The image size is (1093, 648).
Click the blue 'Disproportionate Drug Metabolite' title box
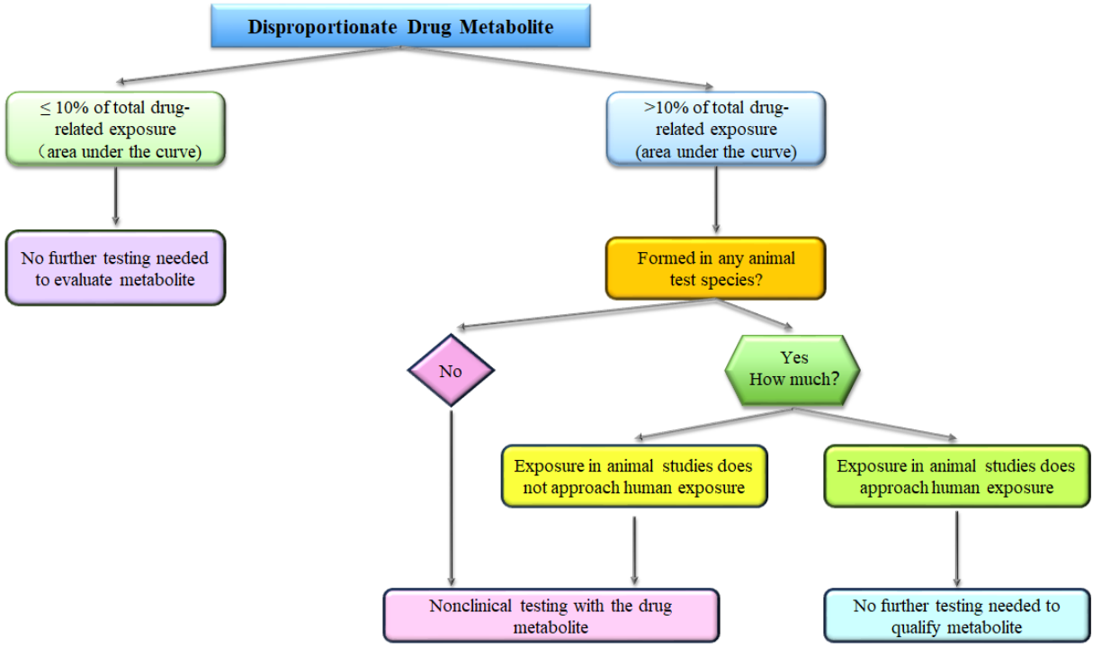[x=400, y=27]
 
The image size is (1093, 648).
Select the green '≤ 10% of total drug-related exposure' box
[x=114, y=129]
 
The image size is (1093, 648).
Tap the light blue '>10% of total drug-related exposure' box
[x=715, y=129]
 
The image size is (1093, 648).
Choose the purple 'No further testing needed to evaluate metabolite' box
[x=114, y=268]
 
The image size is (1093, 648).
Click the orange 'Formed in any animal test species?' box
[x=715, y=268]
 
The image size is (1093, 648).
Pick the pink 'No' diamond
[x=450, y=370]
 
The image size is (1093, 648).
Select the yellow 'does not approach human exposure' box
[x=634, y=478]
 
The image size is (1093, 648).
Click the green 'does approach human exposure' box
[x=955, y=478]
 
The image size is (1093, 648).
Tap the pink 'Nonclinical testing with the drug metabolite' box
[x=551, y=616]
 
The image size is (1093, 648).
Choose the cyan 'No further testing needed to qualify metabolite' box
[x=955, y=616]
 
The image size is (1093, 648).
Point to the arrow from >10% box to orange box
[x=715, y=200]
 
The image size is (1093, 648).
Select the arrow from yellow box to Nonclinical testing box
[x=635, y=549]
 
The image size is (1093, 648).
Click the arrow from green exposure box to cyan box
[x=955, y=549]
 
